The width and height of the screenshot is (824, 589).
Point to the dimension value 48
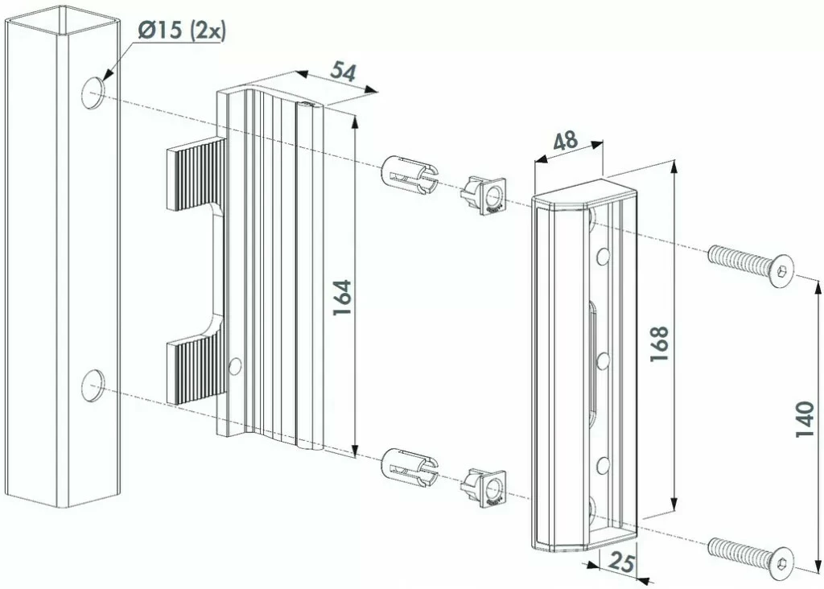click(x=566, y=140)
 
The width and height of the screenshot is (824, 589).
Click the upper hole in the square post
click(x=93, y=93)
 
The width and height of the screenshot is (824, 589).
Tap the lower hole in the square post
click(x=93, y=385)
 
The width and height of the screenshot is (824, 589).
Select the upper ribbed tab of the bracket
click(x=196, y=173)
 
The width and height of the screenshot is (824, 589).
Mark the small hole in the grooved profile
click(x=235, y=366)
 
